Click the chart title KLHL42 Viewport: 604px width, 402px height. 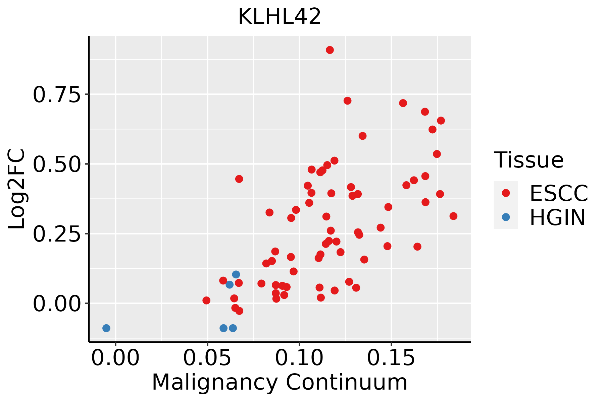(280, 17)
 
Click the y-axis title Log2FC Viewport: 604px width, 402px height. (17, 189)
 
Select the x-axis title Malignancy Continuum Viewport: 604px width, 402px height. (280, 383)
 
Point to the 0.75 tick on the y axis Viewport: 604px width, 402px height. (57, 95)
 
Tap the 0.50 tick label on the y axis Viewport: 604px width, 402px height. (57, 164)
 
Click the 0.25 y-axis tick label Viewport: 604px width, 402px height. (57, 234)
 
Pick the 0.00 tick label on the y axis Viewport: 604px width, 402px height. (57, 304)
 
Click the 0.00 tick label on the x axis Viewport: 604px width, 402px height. (115, 358)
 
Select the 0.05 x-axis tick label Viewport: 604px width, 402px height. (207, 358)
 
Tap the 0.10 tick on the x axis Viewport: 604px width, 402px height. (299, 358)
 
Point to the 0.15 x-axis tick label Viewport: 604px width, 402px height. (391, 358)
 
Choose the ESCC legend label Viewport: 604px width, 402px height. (559, 193)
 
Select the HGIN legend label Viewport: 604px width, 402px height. (557, 217)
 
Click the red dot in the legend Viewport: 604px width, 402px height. (506, 193)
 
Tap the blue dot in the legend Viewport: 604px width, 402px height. (506, 217)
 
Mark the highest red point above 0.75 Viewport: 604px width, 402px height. (330, 50)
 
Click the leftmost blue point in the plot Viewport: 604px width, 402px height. (106, 328)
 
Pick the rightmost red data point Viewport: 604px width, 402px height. (453, 216)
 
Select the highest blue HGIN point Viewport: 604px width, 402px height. (236, 274)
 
